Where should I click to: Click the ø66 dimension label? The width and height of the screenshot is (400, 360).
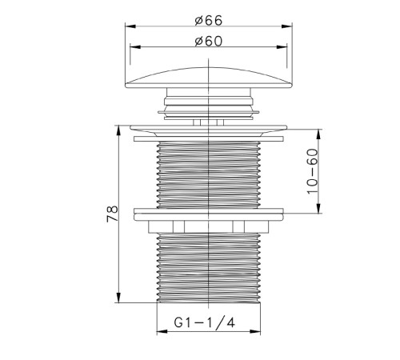click(x=209, y=21)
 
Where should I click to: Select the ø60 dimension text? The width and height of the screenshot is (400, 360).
click(x=209, y=42)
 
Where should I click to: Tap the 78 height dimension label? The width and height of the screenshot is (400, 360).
click(x=112, y=214)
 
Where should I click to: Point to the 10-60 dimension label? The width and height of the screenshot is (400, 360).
click(x=313, y=171)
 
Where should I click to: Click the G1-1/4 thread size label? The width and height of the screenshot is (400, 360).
click(x=205, y=322)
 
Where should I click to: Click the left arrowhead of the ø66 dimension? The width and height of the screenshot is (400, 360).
click(x=130, y=26)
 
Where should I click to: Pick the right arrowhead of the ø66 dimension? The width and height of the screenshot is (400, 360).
click(x=287, y=26)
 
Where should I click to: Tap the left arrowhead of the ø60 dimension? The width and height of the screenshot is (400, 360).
click(x=135, y=47)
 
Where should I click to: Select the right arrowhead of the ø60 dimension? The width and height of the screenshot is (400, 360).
click(x=282, y=47)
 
